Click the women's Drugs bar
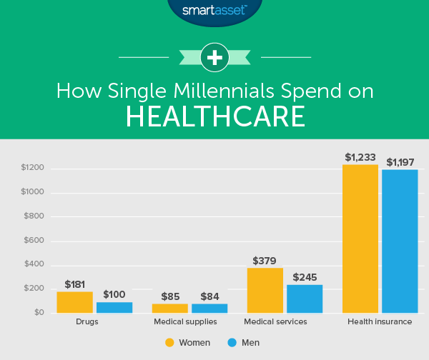[x=75, y=302]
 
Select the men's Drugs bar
[x=114, y=307]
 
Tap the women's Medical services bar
[x=265, y=290]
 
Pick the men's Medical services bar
[x=305, y=299]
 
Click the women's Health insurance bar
[x=360, y=239]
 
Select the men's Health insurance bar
[x=400, y=241]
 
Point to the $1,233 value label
[x=360, y=157]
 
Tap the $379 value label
[x=265, y=261]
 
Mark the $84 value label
[x=209, y=295]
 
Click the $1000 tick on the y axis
[x=32, y=192]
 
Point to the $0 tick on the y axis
[x=37, y=313]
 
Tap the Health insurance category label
[x=379, y=322]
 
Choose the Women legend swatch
[x=170, y=342]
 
